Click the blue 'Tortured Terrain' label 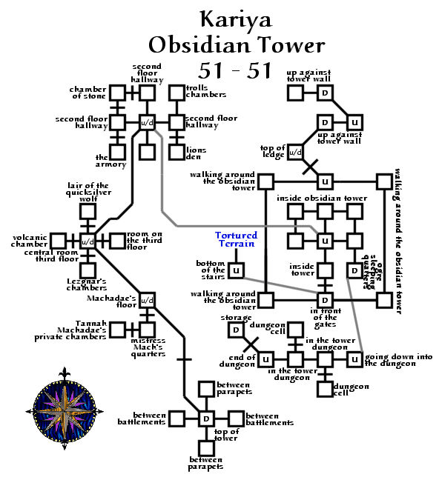236,239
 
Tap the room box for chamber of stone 117,93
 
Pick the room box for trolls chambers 176,93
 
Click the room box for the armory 117,151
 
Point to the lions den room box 176,151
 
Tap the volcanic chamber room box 58,241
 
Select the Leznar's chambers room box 88,270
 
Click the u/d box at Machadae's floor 147,300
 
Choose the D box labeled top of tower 206,418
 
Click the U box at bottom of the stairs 236,270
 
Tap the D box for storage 236,330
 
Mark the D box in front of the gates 324,300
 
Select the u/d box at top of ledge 295,152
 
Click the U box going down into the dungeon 354,359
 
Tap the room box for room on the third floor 117,241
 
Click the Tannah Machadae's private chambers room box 117,330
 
